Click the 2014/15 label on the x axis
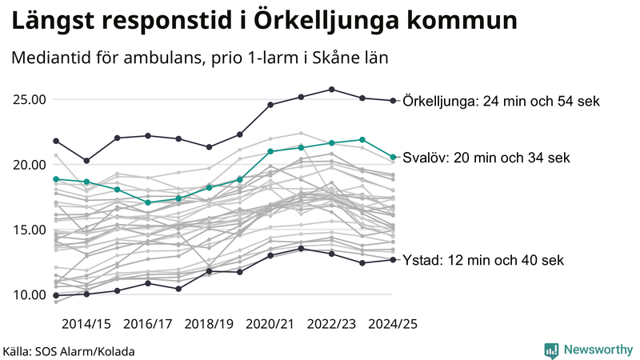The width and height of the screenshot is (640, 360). (x=86, y=324)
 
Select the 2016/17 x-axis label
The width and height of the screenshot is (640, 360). (x=148, y=324)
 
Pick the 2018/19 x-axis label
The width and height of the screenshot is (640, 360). (x=210, y=324)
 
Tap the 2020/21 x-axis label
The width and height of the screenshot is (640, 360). (x=270, y=324)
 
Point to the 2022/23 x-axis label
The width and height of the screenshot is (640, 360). (x=332, y=324)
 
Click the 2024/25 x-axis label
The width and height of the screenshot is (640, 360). (x=392, y=324)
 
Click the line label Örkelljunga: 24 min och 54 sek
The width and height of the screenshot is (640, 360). (x=501, y=102)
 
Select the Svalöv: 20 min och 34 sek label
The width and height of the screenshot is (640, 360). (x=486, y=158)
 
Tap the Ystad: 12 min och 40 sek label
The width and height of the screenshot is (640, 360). (x=484, y=260)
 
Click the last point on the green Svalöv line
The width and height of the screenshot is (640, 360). (x=392, y=157)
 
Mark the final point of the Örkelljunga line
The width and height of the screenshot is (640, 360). (x=392, y=101)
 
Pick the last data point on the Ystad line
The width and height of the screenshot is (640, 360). (x=392, y=260)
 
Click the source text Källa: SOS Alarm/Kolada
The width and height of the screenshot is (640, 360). (x=69, y=350)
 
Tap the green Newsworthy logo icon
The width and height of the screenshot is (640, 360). (x=551, y=350)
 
